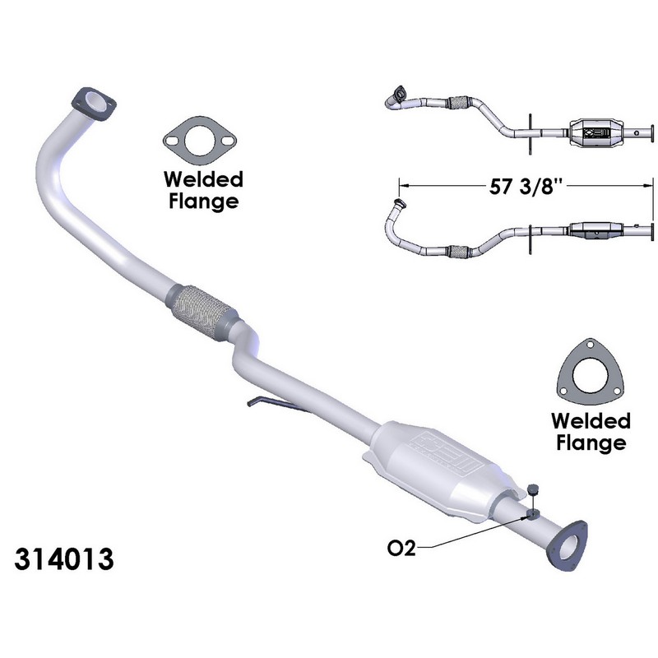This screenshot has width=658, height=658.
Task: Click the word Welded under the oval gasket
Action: tap(202, 178)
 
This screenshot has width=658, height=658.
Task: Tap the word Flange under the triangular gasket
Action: tap(590, 443)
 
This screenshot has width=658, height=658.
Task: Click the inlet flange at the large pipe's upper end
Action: tap(95, 104)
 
